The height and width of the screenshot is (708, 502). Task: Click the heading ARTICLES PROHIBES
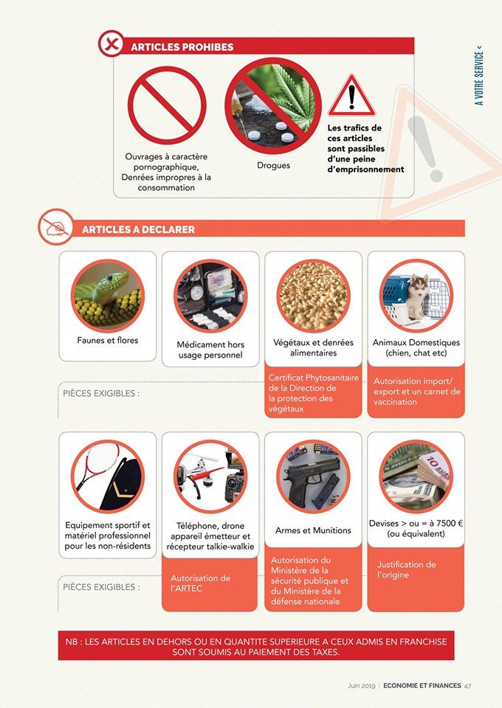point(182,47)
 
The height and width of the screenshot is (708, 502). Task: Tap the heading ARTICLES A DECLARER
point(138,229)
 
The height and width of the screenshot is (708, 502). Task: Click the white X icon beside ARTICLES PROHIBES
point(111,44)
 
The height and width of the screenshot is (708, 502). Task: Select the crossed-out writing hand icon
point(56,226)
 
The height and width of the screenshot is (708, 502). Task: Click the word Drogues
point(273,165)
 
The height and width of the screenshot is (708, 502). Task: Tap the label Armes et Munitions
point(313,530)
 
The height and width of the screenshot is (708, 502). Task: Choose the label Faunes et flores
point(108,341)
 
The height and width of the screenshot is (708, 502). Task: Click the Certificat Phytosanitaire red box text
point(313,393)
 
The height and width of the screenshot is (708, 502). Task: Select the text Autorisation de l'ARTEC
point(200,583)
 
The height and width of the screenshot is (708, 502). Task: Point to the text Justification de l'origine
point(406,569)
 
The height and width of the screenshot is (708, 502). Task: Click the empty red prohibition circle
point(167,105)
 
